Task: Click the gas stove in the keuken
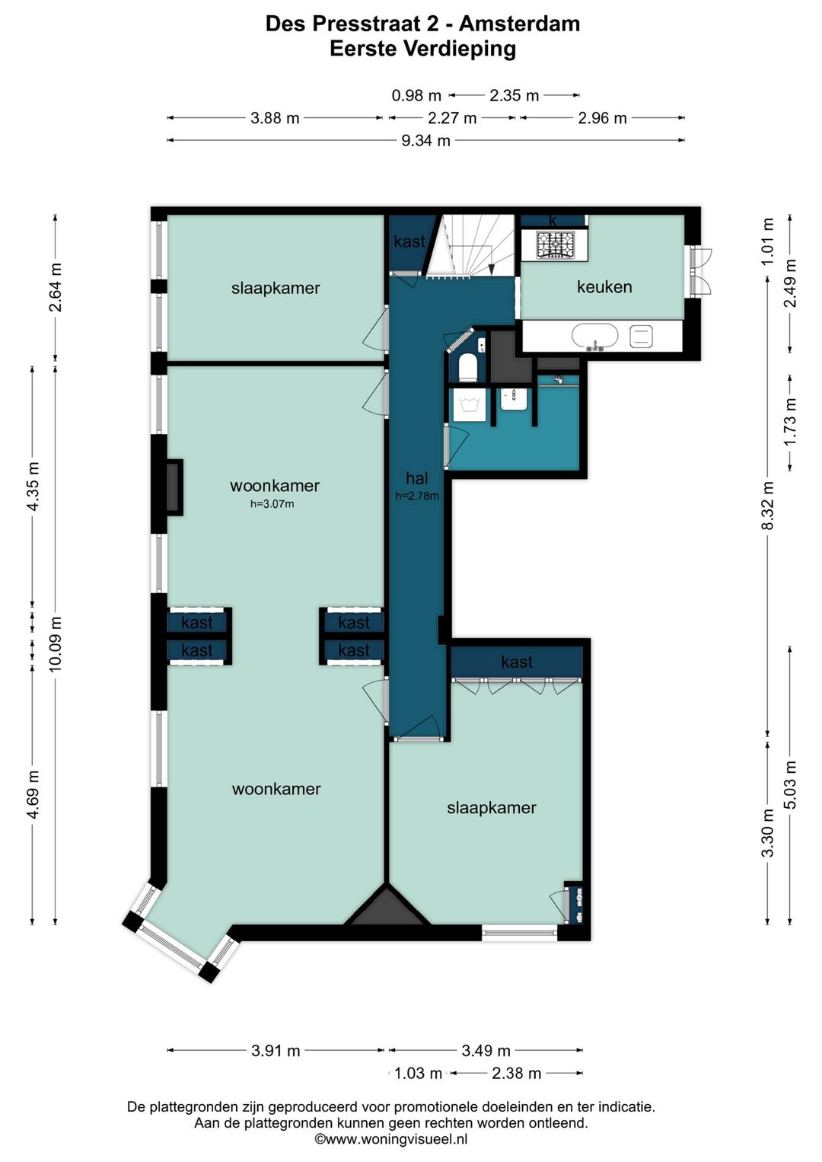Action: tap(556, 245)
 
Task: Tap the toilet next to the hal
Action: tap(467, 368)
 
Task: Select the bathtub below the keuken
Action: tap(595, 337)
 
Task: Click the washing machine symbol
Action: tap(470, 406)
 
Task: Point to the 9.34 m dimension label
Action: tap(425, 140)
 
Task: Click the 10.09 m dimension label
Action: tap(56, 643)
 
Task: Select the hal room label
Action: tap(417, 477)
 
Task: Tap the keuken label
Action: tap(604, 287)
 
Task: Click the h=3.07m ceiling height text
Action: tap(272, 503)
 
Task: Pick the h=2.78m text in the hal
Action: tap(417, 496)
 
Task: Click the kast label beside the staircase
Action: tap(409, 241)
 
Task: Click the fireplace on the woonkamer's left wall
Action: tap(175, 487)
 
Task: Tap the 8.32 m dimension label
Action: tap(768, 506)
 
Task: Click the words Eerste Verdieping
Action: tap(422, 49)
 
